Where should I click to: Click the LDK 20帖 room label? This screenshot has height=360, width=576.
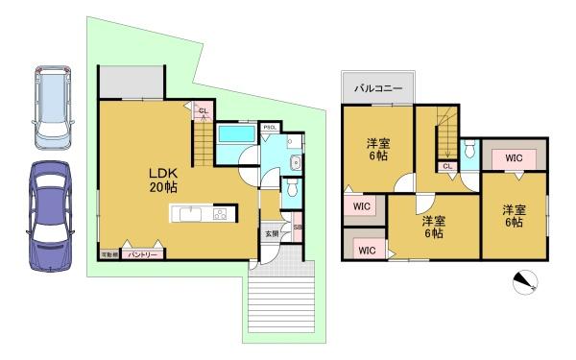tap(161, 180)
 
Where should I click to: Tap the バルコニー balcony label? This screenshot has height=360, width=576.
tap(377, 87)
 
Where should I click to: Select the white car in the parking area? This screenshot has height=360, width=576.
tap(50, 107)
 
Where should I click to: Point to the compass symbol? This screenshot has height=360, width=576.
tap(525, 280)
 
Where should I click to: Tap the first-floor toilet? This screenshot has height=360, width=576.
tap(291, 188)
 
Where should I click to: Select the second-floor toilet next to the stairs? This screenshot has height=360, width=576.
tap(468, 151)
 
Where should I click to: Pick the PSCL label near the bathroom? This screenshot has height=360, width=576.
tap(271, 127)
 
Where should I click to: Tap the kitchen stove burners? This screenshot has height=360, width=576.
tap(220, 214)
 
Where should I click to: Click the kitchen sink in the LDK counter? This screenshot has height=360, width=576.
tap(188, 214)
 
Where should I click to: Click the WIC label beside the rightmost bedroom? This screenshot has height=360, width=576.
tap(513, 156)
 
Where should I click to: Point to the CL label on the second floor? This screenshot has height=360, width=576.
tap(447, 166)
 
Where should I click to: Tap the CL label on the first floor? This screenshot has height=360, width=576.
tap(203, 111)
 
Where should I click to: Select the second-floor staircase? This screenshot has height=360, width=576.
tap(445, 134)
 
